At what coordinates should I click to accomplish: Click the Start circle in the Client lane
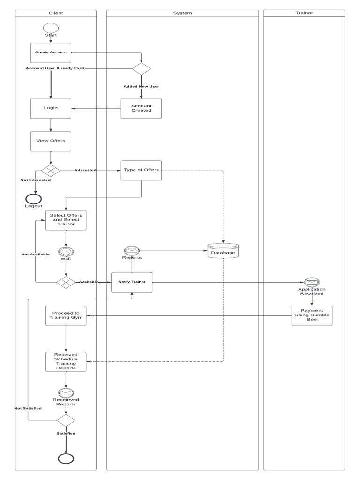(51, 28)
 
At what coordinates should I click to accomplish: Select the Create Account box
(51, 52)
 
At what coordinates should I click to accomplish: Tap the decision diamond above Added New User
(141, 68)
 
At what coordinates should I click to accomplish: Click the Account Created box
(141, 108)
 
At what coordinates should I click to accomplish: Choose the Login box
(51, 108)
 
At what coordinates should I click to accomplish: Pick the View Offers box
(51, 141)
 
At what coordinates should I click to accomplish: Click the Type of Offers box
(141, 171)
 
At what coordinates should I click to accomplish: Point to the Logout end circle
(34, 199)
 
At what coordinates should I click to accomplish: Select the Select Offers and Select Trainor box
(66, 220)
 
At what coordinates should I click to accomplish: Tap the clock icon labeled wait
(66, 252)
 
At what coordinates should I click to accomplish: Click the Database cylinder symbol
(223, 251)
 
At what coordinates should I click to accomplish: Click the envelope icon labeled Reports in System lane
(132, 251)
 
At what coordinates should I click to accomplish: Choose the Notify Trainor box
(132, 282)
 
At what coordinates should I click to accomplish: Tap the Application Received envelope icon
(312, 282)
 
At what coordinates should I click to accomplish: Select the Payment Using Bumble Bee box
(312, 315)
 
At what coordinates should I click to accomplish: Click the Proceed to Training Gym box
(66, 315)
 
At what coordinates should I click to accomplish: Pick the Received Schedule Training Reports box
(66, 361)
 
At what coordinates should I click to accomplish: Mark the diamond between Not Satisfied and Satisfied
(66, 420)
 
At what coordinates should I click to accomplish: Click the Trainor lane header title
(304, 13)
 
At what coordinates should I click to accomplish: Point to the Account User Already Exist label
(55, 68)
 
